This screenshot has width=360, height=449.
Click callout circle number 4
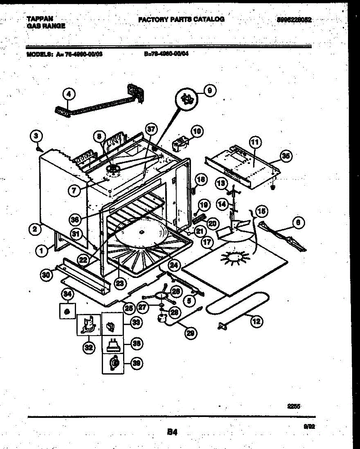pyautogui.click(x=68, y=95)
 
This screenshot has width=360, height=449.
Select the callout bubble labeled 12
pyautogui.click(x=256, y=321)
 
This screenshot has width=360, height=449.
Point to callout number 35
pyautogui.click(x=286, y=157)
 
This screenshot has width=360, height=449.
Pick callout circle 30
pyautogui.click(x=46, y=275)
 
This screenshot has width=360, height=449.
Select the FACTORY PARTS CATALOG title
pyautogui.click(x=181, y=19)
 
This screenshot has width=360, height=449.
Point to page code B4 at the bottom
pyautogui.click(x=172, y=432)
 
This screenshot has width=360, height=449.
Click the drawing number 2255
pyautogui.click(x=294, y=405)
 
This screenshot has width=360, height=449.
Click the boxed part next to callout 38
pyautogui.click(x=113, y=343)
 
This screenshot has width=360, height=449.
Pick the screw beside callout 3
pyautogui.click(x=39, y=149)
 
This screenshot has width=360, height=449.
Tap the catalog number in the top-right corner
pyautogui.click(x=295, y=20)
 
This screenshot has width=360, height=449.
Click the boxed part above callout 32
pyautogui.click(x=89, y=324)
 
